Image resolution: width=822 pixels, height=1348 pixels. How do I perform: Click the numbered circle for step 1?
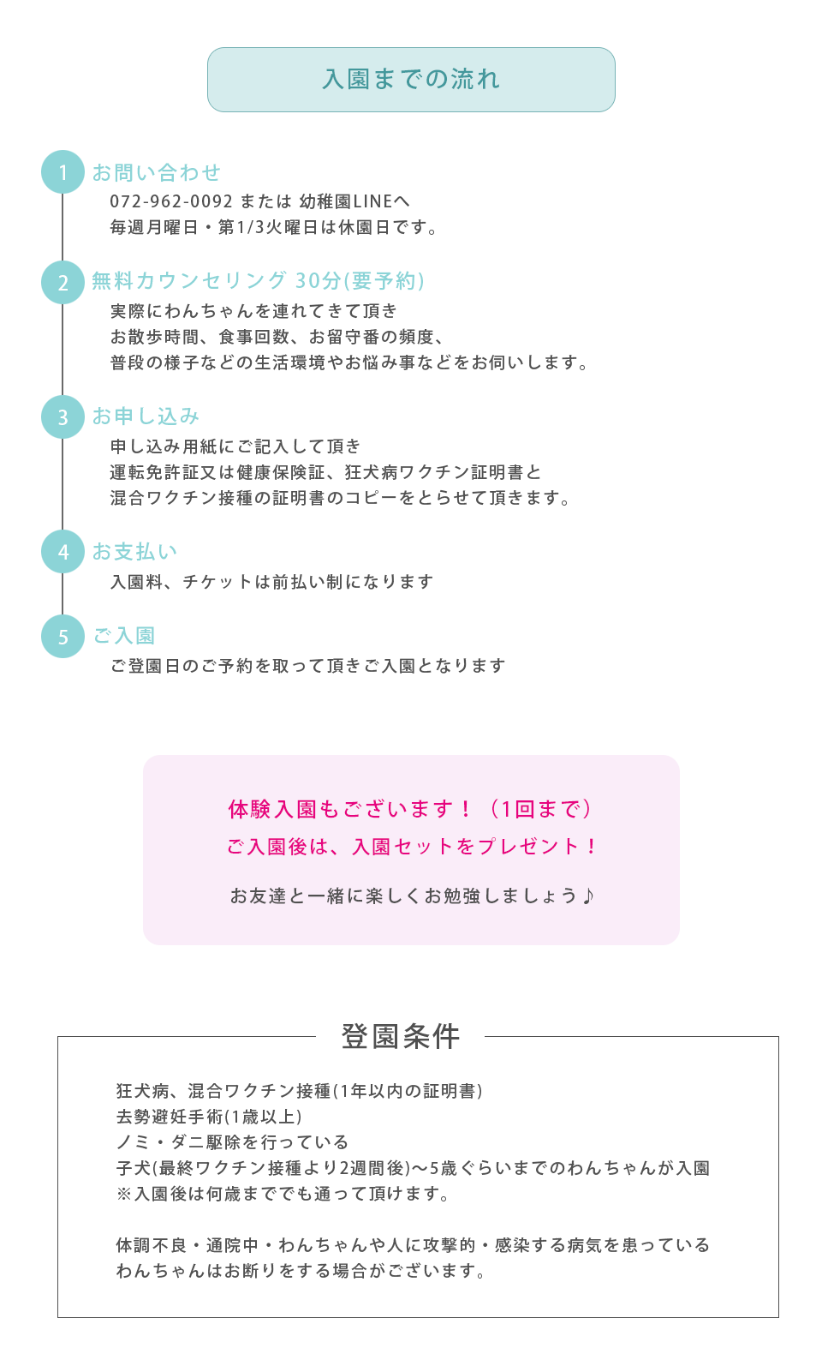pyautogui.click(x=63, y=172)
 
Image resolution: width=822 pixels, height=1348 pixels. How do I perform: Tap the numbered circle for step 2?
pyautogui.click(x=63, y=282)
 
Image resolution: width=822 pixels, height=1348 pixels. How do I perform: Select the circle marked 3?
pyautogui.click(x=63, y=416)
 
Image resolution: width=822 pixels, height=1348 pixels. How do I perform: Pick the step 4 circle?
pyautogui.click(x=63, y=551)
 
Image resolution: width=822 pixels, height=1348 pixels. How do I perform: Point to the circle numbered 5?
pyautogui.click(x=63, y=636)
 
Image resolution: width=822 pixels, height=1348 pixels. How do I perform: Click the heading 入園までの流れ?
pyautogui.click(x=411, y=80)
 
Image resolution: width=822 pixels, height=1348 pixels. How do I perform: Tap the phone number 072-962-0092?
pyautogui.click(x=171, y=201)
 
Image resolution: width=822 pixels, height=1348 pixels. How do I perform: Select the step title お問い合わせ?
pyautogui.click(x=156, y=172)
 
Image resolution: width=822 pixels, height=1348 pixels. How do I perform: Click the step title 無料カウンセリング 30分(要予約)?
pyautogui.click(x=259, y=280)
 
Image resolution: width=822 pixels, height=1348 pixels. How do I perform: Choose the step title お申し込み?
pyautogui.click(x=146, y=416)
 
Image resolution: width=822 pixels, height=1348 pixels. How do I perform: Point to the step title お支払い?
pyautogui.click(x=134, y=551)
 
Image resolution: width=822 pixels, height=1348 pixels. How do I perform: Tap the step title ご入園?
pyautogui.click(x=123, y=635)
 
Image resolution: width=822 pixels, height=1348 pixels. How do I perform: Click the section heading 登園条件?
pyautogui.click(x=401, y=1036)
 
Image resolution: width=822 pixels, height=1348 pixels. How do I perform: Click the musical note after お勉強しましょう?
pyautogui.click(x=587, y=896)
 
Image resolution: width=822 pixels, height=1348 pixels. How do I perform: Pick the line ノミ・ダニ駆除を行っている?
pyautogui.click(x=232, y=1141)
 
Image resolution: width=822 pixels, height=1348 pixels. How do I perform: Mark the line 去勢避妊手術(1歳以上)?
pyautogui.click(x=209, y=1116)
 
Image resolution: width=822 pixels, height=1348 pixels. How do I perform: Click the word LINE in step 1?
pyautogui.click(x=372, y=201)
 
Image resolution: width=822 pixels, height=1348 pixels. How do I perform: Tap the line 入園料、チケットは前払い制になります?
pyautogui.click(x=272, y=581)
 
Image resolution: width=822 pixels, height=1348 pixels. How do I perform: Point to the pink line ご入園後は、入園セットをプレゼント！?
pyautogui.click(x=412, y=846)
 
